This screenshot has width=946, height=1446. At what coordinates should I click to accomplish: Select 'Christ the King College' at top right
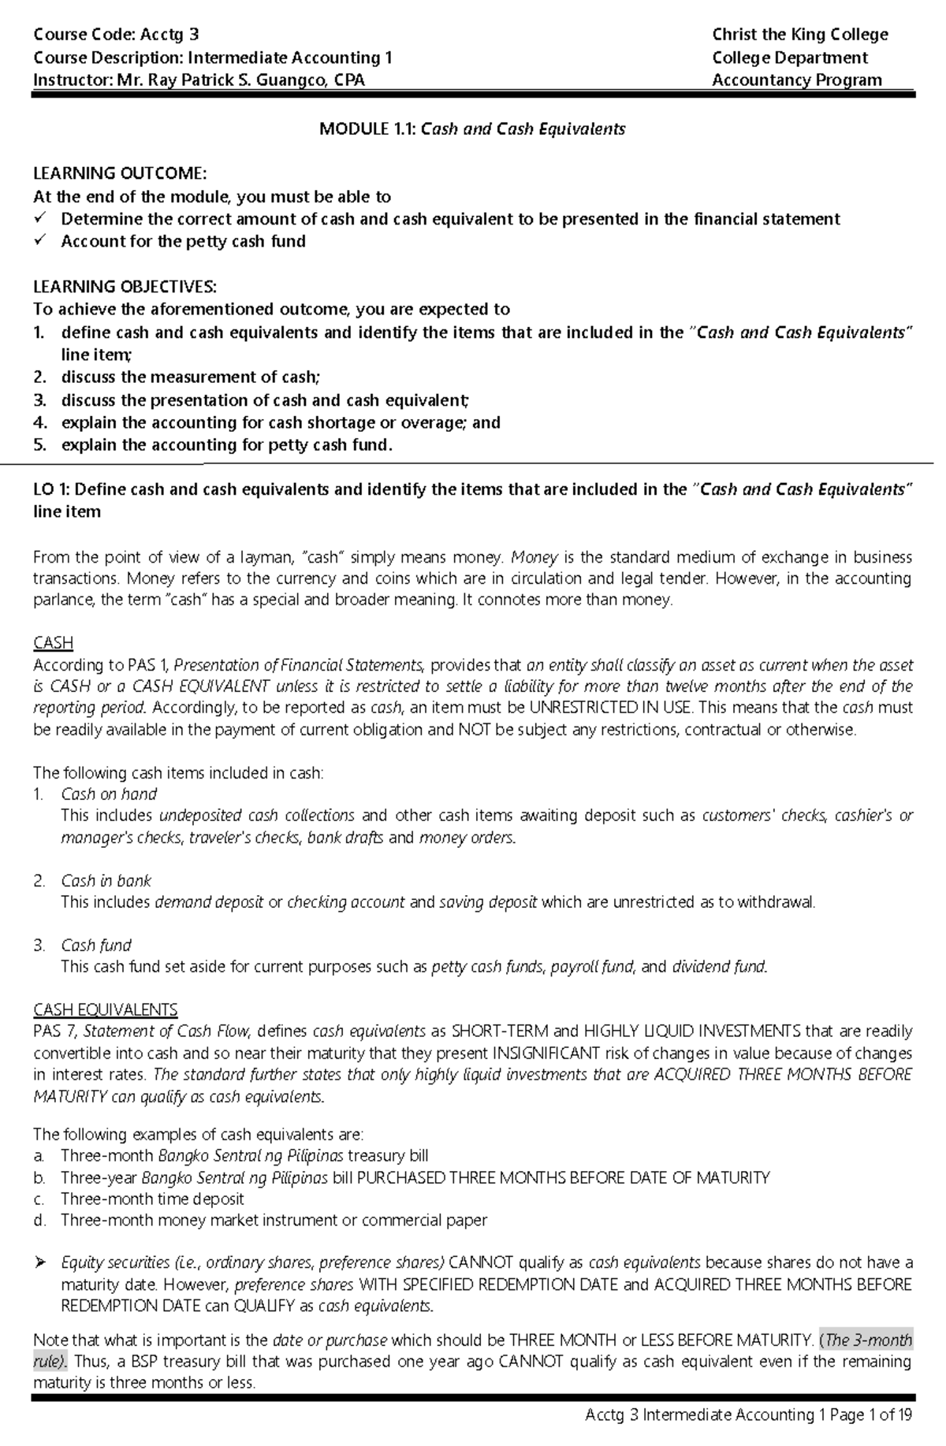799,34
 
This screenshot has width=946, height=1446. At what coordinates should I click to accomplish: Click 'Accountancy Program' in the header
796,80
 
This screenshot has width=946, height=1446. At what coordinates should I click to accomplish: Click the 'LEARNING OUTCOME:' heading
120,173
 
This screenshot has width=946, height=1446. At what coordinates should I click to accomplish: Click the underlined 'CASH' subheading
53,643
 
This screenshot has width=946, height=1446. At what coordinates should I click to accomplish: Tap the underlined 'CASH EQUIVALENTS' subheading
105,1009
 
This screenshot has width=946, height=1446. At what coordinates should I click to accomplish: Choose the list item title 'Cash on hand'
109,794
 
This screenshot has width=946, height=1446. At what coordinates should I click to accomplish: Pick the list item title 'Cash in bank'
106,880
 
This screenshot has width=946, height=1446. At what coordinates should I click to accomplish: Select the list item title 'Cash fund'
96,945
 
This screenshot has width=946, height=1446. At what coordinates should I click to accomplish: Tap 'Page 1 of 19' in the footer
871,1414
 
